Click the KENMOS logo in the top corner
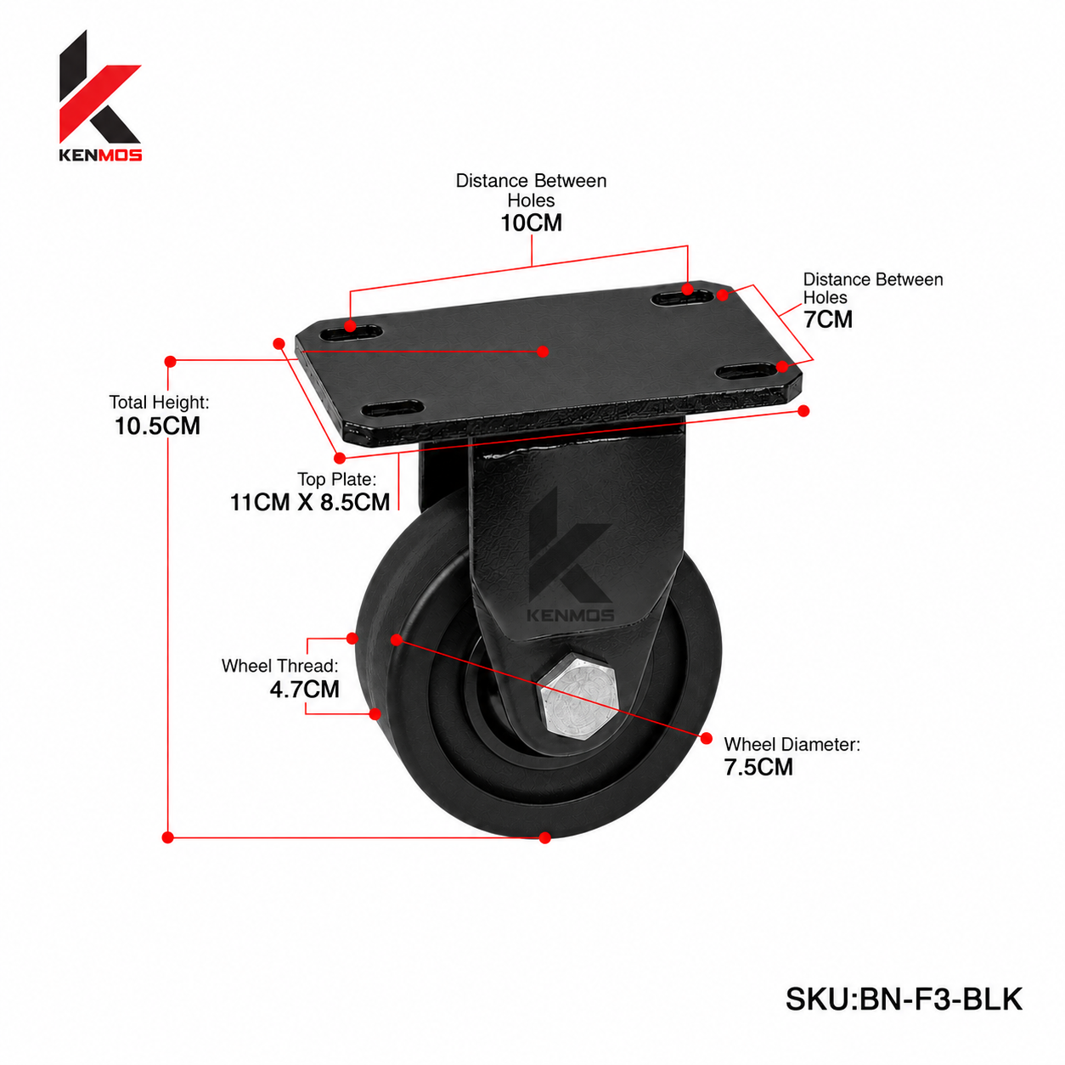tap(100, 96)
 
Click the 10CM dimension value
tap(531, 223)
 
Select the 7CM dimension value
tap(827, 319)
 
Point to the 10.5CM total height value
tap(157, 426)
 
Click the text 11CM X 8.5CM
tap(310, 503)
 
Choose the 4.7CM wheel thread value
tap(305, 689)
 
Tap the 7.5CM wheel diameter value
tap(758, 767)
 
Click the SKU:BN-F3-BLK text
tap(904, 999)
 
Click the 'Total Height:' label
tap(159, 403)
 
